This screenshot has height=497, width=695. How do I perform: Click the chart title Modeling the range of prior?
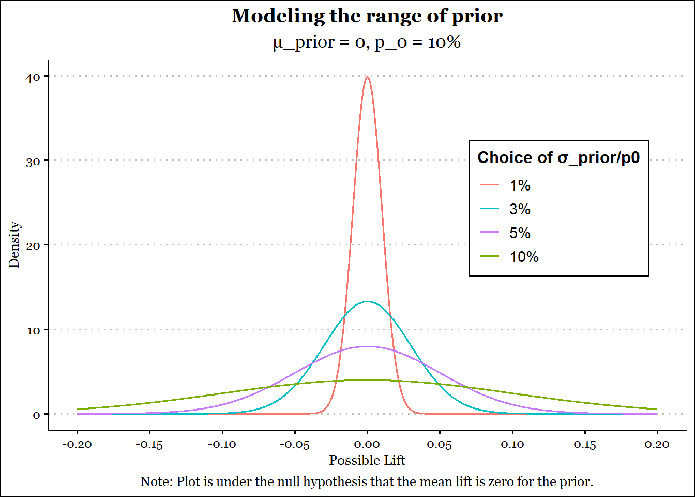click(x=367, y=16)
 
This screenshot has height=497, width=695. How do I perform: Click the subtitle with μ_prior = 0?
click(x=367, y=42)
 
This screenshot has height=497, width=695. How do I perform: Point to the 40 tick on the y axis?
click(x=33, y=77)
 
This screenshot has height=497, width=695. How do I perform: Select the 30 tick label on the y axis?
click(x=33, y=162)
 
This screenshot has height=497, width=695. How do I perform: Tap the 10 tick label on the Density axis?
click(x=34, y=330)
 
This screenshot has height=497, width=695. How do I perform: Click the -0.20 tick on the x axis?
click(x=77, y=444)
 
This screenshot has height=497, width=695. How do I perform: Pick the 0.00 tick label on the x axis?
click(x=367, y=444)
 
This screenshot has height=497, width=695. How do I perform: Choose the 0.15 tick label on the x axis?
click(x=585, y=444)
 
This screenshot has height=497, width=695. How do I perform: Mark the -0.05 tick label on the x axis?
click(x=295, y=444)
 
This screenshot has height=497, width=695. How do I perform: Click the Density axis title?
click(x=14, y=244)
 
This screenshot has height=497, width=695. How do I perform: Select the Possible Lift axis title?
click(x=367, y=460)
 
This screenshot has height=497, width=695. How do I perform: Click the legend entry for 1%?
click(x=520, y=185)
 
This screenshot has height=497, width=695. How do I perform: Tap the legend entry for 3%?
click(x=520, y=209)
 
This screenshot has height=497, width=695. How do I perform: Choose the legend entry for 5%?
click(x=520, y=233)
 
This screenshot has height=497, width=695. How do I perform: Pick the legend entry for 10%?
click(x=524, y=257)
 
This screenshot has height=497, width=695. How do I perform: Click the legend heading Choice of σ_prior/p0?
click(x=558, y=157)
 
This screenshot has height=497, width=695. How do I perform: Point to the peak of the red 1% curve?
click(x=367, y=77)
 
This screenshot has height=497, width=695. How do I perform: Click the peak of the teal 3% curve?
click(x=367, y=301)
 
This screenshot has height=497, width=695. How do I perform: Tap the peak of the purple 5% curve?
click(x=367, y=346)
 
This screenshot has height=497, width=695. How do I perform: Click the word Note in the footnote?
click(x=156, y=481)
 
